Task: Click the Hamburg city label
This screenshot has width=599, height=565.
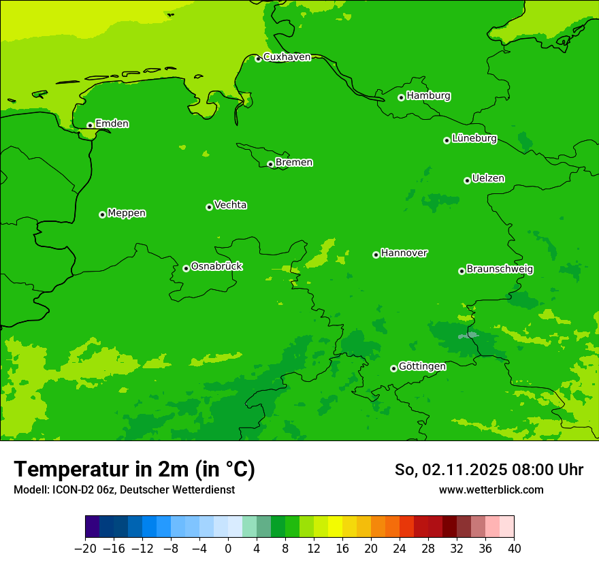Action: [x=428, y=96]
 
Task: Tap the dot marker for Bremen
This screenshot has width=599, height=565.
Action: [x=270, y=164]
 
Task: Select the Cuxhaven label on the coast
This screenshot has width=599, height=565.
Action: [x=287, y=57]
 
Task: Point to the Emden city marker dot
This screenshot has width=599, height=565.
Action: [x=90, y=125]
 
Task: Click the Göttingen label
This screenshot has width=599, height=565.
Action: [x=422, y=366]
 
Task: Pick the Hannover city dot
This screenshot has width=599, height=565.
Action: [x=376, y=255]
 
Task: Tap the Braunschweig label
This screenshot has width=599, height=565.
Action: [x=500, y=270]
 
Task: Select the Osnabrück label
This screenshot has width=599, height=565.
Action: [x=216, y=266]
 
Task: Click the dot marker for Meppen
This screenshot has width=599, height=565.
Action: [x=102, y=214]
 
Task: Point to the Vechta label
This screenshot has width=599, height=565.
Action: [x=230, y=205]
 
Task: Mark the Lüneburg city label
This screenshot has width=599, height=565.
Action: [x=474, y=139]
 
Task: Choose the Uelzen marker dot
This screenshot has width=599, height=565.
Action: [x=467, y=180]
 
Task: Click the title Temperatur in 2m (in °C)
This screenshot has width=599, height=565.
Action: [x=134, y=470]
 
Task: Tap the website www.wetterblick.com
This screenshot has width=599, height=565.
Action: [x=491, y=489]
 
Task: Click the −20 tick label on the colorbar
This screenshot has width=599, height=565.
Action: [x=85, y=549]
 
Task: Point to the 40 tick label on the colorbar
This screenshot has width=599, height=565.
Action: [x=514, y=549]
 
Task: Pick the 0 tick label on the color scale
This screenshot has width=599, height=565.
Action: [x=228, y=549]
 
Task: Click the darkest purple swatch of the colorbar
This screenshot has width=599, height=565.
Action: [x=92, y=527]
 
